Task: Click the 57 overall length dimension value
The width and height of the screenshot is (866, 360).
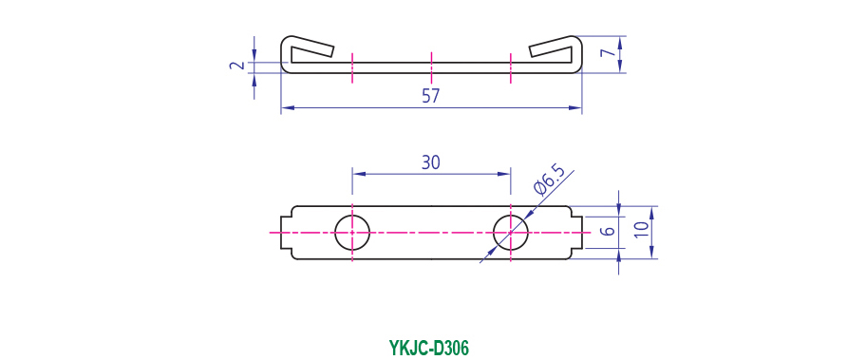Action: click(430, 96)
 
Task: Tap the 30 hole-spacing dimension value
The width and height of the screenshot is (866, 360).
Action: click(431, 162)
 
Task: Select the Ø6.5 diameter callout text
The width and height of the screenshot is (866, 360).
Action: click(550, 180)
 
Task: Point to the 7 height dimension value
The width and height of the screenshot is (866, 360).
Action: click(607, 53)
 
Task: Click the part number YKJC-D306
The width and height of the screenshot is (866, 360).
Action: click(428, 349)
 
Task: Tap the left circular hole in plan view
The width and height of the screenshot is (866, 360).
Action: click(352, 233)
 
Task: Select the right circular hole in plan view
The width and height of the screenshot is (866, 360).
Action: click(511, 233)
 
